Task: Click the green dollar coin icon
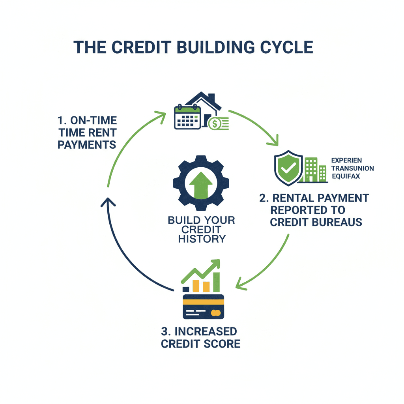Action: (x=215, y=124)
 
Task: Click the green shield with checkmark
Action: (x=288, y=167)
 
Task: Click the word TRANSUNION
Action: (x=353, y=168)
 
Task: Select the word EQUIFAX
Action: (x=346, y=176)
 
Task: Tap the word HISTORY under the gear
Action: (x=202, y=239)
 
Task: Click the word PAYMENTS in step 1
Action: (x=87, y=144)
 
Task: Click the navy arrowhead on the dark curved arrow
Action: (x=108, y=203)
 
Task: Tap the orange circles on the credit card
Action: (x=215, y=313)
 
